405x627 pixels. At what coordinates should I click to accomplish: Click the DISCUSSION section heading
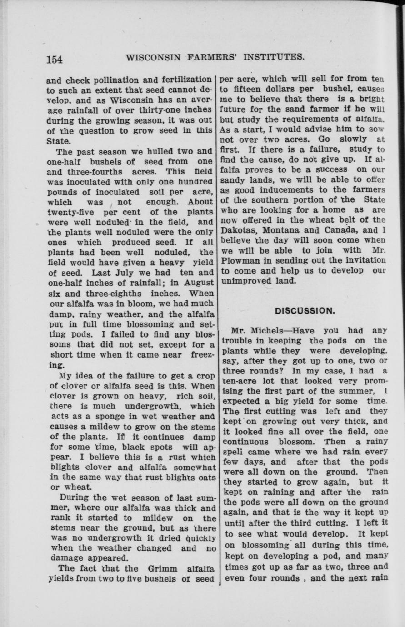point(305,311)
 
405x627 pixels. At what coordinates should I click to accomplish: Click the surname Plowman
point(241,260)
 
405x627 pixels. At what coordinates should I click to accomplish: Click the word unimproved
point(246,281)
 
